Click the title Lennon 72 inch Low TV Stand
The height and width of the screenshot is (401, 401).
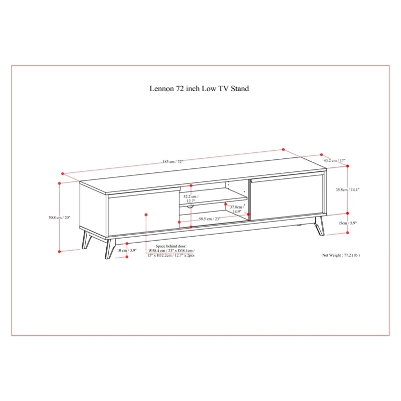coord(199,89)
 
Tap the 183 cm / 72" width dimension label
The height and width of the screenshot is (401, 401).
coord(173,161)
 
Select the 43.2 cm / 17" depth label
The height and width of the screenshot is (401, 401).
coord(334,160)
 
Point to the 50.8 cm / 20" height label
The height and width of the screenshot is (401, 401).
coord(59,218)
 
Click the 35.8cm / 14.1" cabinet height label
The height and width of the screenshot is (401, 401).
coord(347,190)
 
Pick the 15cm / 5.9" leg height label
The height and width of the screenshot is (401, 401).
coord(347,223)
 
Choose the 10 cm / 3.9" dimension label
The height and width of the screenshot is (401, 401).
coord(127,250)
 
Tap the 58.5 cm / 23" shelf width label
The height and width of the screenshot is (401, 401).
coord(210,219)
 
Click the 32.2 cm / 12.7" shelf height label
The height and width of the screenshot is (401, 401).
coord(191,198)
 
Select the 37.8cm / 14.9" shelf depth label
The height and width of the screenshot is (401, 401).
coord(237,209)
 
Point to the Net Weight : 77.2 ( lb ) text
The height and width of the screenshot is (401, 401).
coord(341,255)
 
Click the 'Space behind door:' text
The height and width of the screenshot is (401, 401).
coord(171,246)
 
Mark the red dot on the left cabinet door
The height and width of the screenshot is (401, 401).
coord(146,215)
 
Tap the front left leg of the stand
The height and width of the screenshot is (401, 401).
coord(110,248)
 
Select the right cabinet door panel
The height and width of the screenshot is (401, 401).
coord(286,196)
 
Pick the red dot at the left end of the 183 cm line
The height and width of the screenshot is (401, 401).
coord(62,173)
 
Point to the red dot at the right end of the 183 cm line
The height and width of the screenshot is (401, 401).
coord(283,149)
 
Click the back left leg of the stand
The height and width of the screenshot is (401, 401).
coord(86,240)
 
